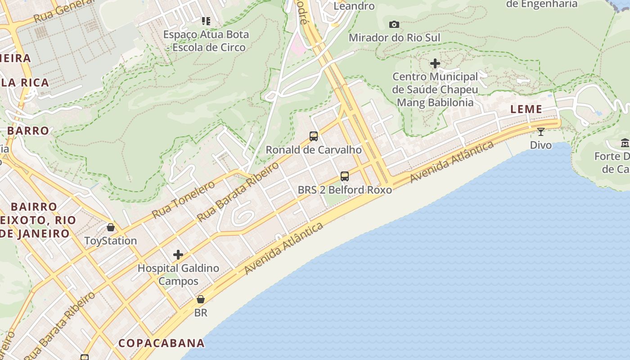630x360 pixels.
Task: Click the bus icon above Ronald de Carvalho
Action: click(314, 136)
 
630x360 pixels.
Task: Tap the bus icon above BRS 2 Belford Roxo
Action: click(345, 176)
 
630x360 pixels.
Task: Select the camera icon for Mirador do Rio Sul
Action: click(394, 24)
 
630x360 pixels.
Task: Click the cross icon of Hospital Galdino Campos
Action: click(178, 255)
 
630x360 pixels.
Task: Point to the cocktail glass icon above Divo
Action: click(541, 131)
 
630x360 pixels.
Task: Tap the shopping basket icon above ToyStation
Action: click(111, 227)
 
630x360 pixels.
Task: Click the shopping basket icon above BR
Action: click(201, 299)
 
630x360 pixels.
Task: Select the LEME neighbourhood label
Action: click(526, 109)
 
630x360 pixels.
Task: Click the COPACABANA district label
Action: click(162, 343)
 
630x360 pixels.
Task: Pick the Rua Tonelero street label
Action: click(184, 200)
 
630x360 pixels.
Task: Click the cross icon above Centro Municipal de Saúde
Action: click(435, 63)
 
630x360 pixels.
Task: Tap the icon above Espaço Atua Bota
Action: click(206, 21)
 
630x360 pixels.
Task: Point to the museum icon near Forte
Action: click(625, 143)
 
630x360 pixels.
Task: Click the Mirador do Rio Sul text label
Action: click(394, 38)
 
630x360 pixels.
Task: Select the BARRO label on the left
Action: click(28, 131)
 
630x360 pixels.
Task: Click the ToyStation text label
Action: click(111, 241)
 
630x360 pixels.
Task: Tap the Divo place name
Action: click(541, 145)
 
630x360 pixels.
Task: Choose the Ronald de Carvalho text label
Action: click(314, 150)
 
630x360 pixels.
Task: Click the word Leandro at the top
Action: click(354, 6)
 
